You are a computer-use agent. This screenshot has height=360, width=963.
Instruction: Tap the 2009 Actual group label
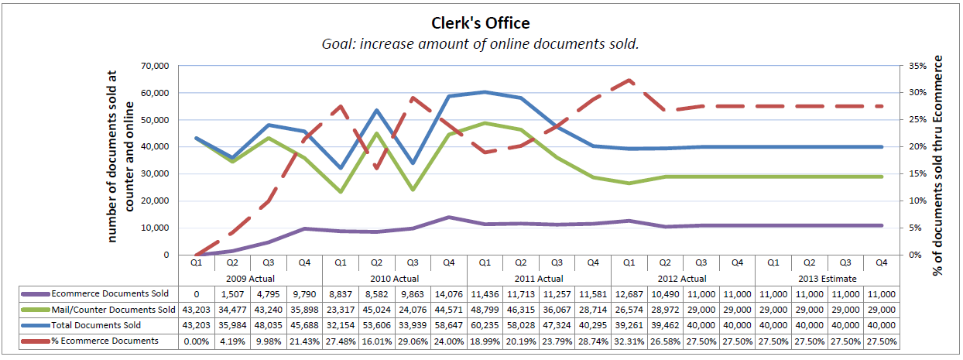[x=250, y=278]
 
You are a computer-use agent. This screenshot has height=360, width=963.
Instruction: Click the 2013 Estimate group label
[x=826, y=278]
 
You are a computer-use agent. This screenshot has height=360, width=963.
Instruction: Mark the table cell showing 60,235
[x=485, y=325]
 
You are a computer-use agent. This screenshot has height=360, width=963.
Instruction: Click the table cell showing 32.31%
[x=629, y=341]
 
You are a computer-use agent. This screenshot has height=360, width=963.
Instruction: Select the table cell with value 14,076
[x=449, y=294]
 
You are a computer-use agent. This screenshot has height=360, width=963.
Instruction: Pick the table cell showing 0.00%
[x=196, y=341]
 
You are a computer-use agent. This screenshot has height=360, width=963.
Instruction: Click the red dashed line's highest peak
[x=629, y=81]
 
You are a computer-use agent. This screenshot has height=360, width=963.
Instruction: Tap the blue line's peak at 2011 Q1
[x=485, y=92]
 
